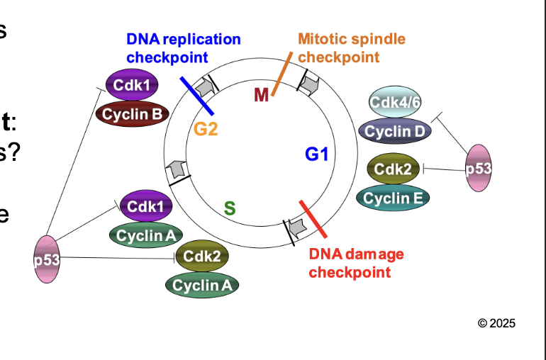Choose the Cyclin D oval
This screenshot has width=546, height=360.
pos(396,131)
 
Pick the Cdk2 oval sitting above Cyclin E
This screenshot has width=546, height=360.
pos(394,169)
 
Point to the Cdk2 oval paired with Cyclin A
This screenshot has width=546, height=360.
pos(201,257)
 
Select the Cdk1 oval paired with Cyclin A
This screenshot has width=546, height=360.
pos(145,206)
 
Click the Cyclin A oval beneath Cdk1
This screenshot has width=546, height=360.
pos(145,235)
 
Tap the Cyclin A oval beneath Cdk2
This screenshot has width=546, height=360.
pos(201,285)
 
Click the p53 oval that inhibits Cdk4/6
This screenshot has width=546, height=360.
pos(478,169)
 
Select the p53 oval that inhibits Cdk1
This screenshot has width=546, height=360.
pos(47,259)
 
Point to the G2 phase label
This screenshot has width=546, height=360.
pos(206,130)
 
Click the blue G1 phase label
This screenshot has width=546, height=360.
pos(316,154)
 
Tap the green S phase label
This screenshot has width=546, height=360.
pos(229,208)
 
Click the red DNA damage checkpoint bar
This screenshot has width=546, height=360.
pos(313,219)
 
